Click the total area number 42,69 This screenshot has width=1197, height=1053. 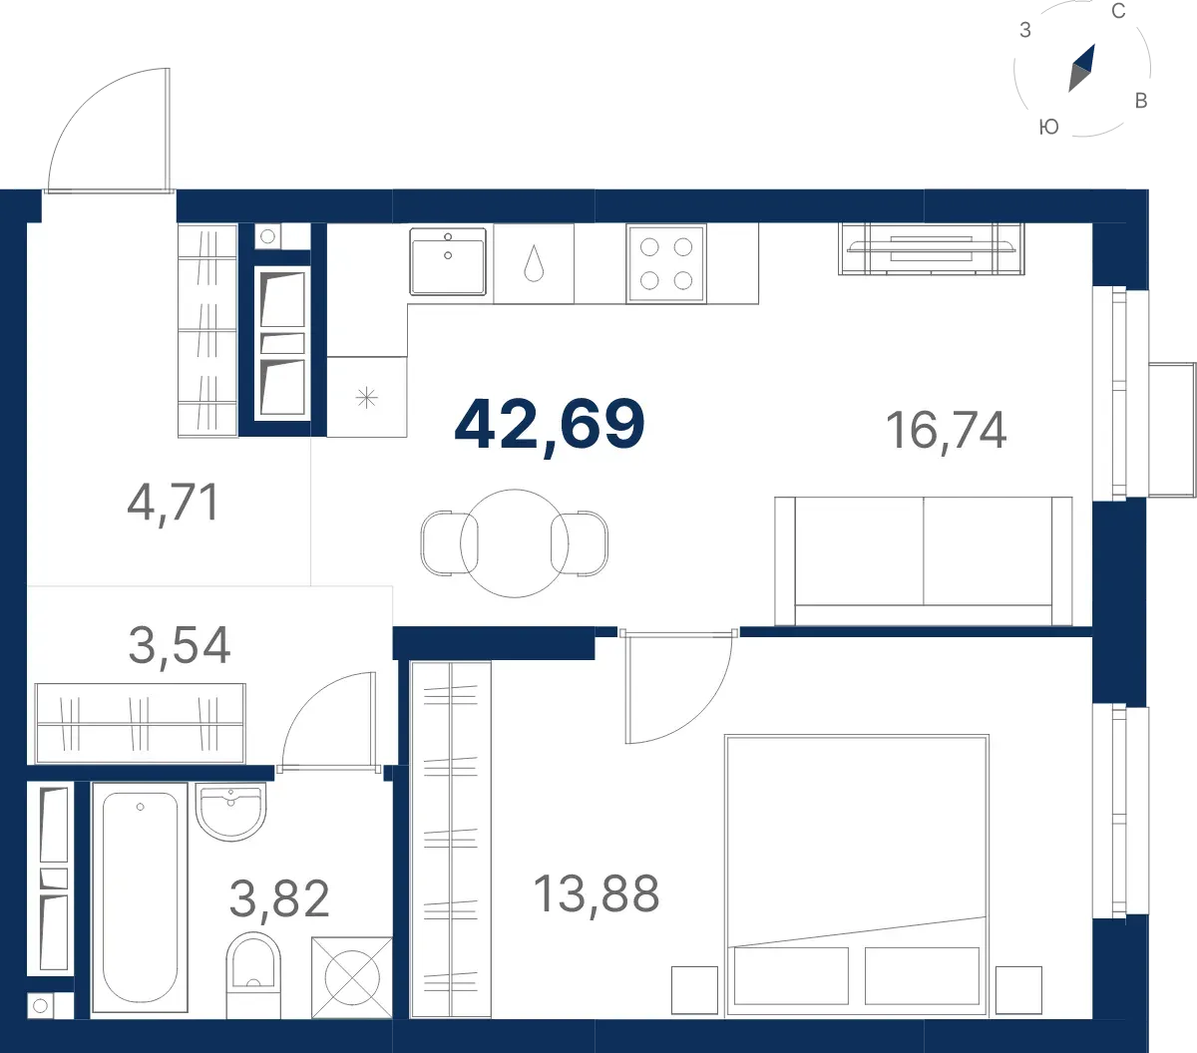550,425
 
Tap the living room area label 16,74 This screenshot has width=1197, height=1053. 946,431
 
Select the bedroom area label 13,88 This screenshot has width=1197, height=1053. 597,893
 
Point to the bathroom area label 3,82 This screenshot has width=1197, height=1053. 279,898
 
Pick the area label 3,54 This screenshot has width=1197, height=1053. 179,645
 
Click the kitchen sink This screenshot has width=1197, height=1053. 448,261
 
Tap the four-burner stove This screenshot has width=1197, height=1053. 666,263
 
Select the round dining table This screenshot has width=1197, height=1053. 515,543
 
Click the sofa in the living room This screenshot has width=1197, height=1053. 924,561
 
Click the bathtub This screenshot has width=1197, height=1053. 140,897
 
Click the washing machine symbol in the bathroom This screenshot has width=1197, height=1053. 352,977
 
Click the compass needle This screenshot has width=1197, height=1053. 1082,68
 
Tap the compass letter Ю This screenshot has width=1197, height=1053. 1048,127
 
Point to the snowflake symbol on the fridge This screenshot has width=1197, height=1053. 366,398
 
